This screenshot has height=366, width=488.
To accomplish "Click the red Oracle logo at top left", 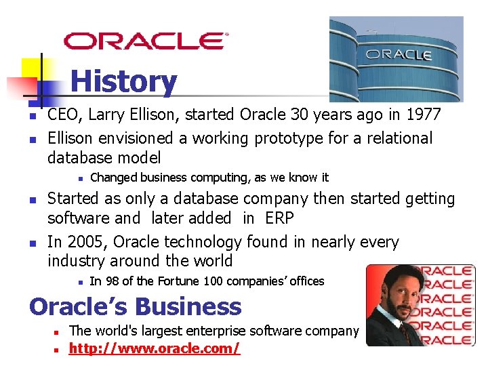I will [146, 40].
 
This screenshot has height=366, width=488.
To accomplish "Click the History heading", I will [123, 82].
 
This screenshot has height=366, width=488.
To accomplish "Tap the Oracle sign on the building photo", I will [399, 54].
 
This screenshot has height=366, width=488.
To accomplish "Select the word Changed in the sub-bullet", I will [112, 178].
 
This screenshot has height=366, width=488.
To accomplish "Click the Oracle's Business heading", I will [136, 306].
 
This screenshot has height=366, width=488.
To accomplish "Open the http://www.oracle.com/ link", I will [155, 348].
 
